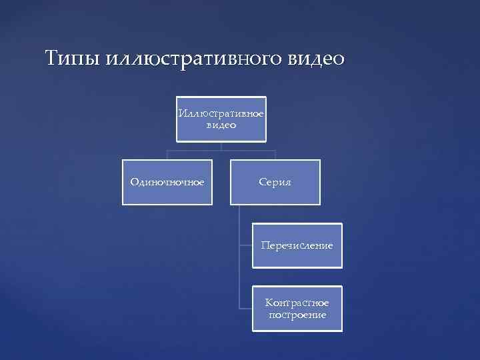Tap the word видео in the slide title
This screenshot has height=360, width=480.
[x=316, y=59]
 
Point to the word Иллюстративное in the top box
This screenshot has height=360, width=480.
[x=221, y=113]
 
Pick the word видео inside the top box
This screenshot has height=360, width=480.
[x=221, y=124]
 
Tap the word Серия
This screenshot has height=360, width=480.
[x=275, y=182]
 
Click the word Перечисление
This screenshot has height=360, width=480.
[x=297, y=246]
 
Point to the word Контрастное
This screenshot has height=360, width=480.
[x=297, y=303]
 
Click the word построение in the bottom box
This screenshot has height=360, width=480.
[x=297, y=314]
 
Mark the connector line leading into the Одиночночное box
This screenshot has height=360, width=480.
[x=167, y=155]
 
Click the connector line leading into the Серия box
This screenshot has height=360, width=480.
[x=275, y=155]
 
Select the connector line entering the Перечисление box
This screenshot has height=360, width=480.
[x=246, y=245]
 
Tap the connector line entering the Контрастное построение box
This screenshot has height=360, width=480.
[x=246, y=309]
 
